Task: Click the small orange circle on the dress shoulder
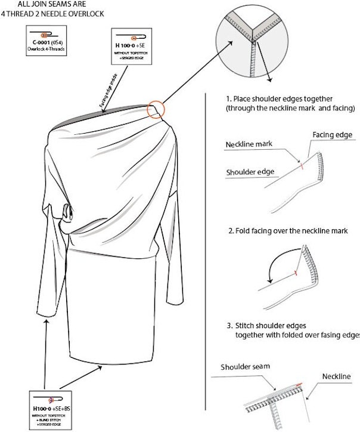[156, 109]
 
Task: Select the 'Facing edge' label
[334, 135]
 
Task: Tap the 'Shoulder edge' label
[250, 172]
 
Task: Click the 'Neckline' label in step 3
[337, 377]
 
